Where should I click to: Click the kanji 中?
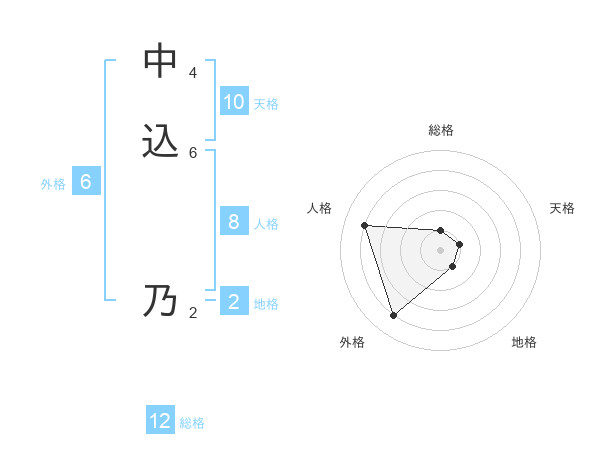[161, 62]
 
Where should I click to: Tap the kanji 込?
[161, 141]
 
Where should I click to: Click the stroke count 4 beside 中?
[193, 73]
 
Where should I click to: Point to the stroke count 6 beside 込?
[193, 152]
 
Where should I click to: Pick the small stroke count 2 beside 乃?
[193, 312]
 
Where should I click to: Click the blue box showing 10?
[234, 102]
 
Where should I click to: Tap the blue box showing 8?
[234, 222]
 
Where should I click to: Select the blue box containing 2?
[234, 302]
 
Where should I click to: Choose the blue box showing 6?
[86, 182]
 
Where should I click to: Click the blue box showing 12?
[161, 421]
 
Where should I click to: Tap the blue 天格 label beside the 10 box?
[266, 103]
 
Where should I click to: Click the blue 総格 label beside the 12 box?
[192, 423]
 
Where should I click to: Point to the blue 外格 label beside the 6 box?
[53, 184]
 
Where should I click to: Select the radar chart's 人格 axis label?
[320, 208]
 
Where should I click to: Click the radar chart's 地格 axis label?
[524, 342]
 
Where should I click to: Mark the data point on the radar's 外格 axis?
[393, 316]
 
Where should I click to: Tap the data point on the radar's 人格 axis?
[365, 225]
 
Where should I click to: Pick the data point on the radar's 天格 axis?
[460, 244]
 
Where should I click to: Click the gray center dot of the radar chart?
[440, 263]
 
